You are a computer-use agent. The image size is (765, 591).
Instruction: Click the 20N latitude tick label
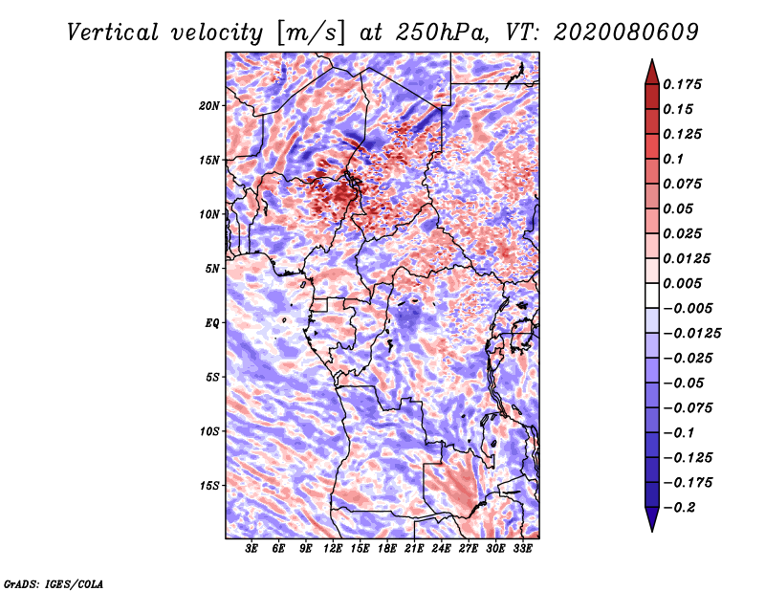coord(209,105)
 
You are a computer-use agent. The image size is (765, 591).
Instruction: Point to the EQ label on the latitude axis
coord(212,323)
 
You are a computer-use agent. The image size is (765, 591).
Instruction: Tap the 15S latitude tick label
coord(209,486)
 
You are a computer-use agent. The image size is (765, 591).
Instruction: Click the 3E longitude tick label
coord(252,550)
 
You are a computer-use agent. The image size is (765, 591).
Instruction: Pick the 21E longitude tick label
coord(414,550)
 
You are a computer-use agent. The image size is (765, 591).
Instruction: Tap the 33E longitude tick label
coord(522,550)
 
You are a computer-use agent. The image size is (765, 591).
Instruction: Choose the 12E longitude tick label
coord(334,550)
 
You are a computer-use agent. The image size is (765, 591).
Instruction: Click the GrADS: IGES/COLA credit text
coord(53,582)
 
